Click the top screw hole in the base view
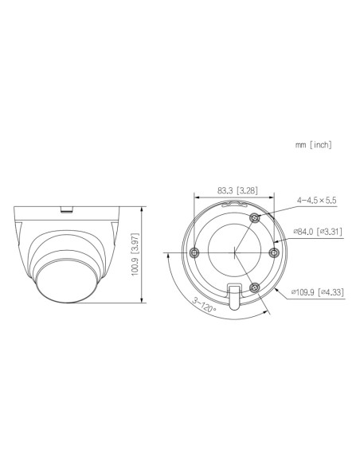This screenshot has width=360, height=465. tap(254, 217)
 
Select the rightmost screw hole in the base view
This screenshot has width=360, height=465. tap(273, 252)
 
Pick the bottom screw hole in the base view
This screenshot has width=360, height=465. tap(254, 287)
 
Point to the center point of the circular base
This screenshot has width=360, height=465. tap(235, 252)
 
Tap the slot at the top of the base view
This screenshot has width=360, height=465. tap(233, 204)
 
